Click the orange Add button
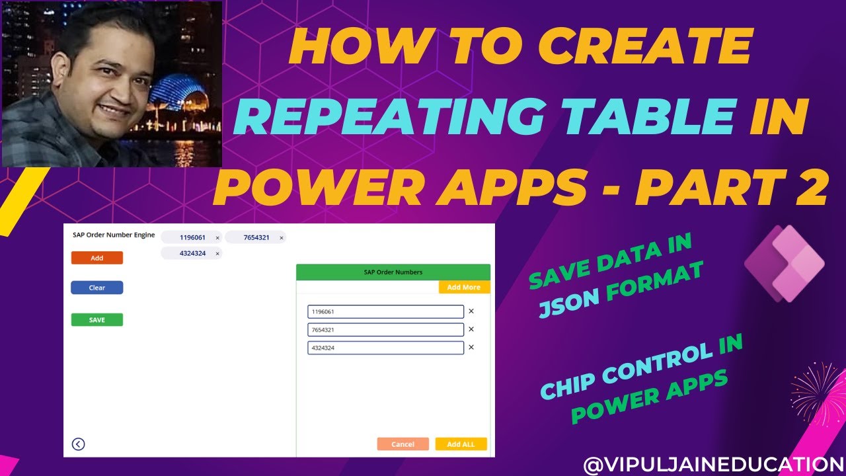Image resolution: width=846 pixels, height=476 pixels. pos(97,258)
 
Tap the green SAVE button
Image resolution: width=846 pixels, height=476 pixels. pos(97,320)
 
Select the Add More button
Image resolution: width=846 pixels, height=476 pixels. pos(464,288)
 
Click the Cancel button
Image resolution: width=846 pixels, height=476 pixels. pos(403,444)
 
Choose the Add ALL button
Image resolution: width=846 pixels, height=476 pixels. pos(461,444)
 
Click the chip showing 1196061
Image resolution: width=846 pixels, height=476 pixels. pos(188,237)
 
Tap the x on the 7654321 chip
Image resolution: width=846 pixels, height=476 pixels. pos(282,238)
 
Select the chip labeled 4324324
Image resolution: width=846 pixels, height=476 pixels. pos(187,253)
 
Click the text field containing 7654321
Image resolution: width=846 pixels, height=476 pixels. pos(385,329)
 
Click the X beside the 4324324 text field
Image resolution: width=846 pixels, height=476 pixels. pos(471,347)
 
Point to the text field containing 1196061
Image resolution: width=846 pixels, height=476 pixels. pos(385,311)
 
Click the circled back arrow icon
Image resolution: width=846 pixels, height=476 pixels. pos(78,444)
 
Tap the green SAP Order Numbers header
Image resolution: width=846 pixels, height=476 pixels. pos(393,272)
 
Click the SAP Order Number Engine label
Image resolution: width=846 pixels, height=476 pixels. pos(114,235)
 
